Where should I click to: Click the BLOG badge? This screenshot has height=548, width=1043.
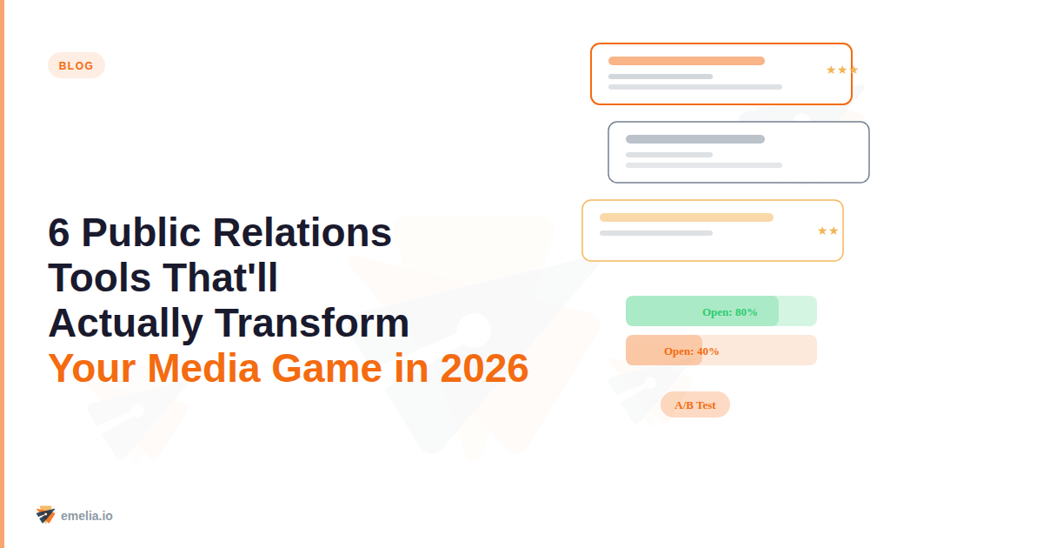pyautogui.click(x=76, y=65)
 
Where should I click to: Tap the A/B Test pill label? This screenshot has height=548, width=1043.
pyautogui.click(x=695, y=404)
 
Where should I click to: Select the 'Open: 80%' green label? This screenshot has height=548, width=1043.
pyautogui.click(x=729, y=311)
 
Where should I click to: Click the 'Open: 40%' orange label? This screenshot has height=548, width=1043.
pyautogui.click(x=691, y=351)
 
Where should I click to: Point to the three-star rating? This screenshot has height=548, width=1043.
pyautogui.click(x=841, y=70)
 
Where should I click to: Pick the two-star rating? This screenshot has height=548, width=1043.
pyautogui.click(x=827, y=231)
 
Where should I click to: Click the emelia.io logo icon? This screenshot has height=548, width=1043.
pyautogui.click(x=46, y=515)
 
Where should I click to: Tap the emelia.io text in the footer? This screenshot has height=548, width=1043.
pyautogui.click(x=87, y=516)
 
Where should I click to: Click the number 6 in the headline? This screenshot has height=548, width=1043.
pyautogui.click(x=59, y=232)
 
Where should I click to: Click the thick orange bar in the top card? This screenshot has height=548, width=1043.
pyautogui.click(x=686, y=61)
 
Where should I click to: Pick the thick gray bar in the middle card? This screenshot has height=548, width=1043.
pyautogui.click(x=694, y=139)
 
